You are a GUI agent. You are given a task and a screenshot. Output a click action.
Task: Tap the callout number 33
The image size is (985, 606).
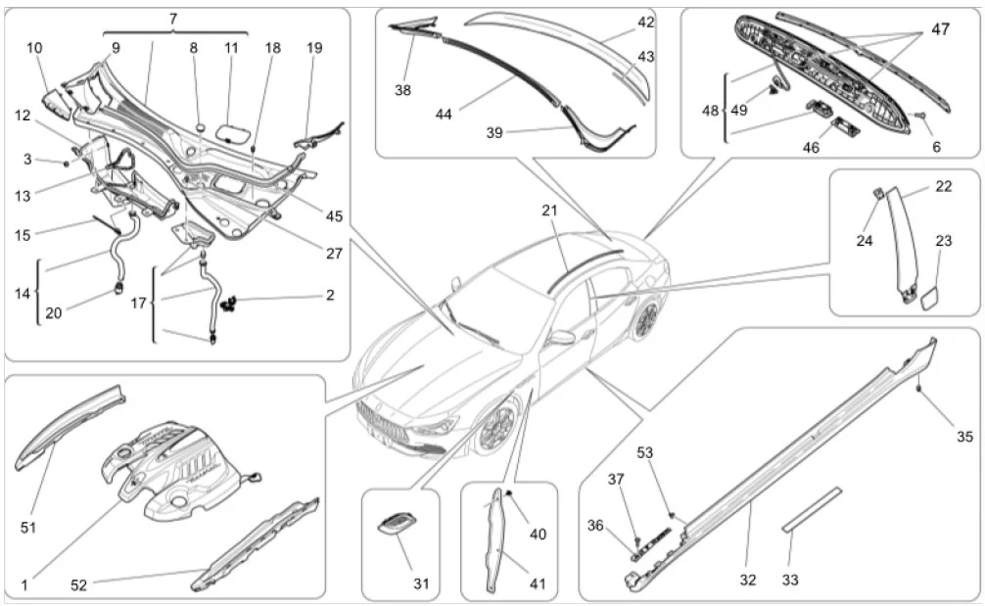[x=790, y=580]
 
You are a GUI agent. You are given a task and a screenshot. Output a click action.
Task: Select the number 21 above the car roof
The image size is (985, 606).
[x=549, y=210]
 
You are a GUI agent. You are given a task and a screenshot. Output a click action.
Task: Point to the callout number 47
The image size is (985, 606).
[x=939, y=30]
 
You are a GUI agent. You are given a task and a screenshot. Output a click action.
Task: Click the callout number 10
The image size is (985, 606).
[x=34, y=47]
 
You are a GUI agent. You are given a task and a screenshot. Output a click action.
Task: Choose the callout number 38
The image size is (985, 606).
[x=403, y=89]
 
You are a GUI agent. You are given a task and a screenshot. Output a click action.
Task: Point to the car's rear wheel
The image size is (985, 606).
[x=645, y=320]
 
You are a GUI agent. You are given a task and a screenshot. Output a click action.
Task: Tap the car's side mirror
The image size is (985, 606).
[x=562, y=338]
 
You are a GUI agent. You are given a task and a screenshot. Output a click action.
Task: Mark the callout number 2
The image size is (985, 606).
[x=330, y=294]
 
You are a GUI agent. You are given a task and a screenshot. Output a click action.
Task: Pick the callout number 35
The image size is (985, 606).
[x=964, y=437]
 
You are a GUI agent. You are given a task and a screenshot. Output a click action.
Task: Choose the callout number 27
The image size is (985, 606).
[x=335, y=252]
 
